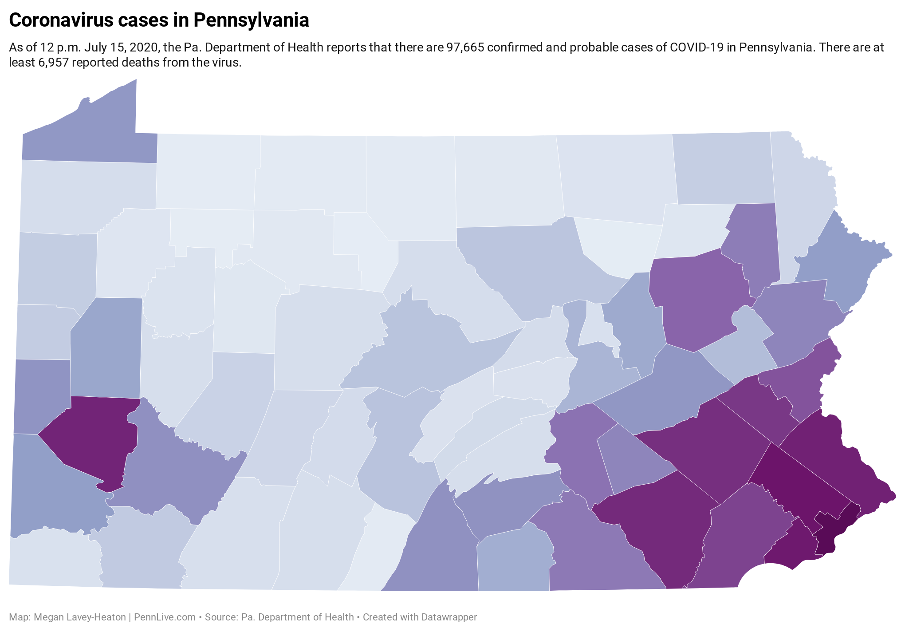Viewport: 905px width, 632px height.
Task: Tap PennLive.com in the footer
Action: point(165,617)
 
